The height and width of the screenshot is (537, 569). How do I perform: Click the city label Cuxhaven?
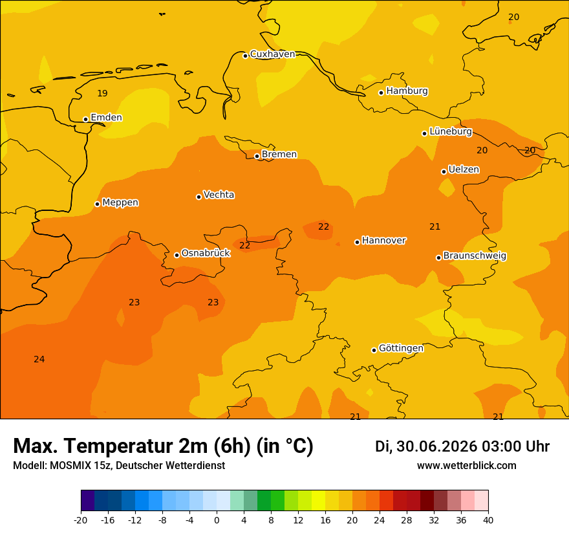[x=272, y=54]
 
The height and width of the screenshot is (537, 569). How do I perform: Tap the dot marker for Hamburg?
[x=381, y=93]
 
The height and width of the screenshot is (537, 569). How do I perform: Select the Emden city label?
[x=106, y=117]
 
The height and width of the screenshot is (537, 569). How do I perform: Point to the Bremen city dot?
[x=257, y=156]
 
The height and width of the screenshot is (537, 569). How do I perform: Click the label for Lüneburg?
[x=451, y=131]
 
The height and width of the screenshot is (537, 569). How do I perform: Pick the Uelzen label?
[x=464, y=170]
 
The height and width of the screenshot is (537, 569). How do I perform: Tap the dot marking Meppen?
[x=97, y=204]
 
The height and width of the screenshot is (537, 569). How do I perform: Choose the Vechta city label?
[x=219, y=195]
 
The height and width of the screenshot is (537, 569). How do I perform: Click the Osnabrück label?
[x=206, y=253]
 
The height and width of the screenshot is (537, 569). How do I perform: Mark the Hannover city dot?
[x=357, y=242]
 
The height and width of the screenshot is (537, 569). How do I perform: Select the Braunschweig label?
[x=475, y=256]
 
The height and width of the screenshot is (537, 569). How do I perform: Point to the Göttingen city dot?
[x=374, y=350]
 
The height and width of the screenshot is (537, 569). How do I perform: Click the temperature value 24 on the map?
[x=39, y=360]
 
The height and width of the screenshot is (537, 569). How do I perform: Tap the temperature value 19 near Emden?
[x=102, y=93]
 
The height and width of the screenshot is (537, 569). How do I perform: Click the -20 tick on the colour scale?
[x=81, y=520]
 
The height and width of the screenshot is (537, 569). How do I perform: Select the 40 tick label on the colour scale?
[x=488, y=520]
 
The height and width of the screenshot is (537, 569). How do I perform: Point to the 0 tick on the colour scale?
[x=217, y=520]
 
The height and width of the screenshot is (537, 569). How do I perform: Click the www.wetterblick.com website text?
[x=467, y=465]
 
